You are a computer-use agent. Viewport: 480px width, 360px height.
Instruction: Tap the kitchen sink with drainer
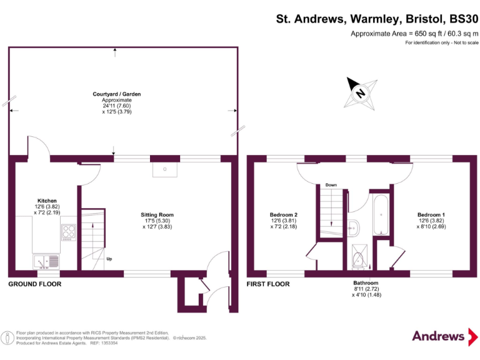(46, 261)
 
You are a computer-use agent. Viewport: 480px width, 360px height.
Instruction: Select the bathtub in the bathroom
(381, 216)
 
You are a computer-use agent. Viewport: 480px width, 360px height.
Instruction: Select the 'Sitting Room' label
(157, 215)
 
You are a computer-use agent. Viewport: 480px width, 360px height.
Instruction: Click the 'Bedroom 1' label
(431, 215)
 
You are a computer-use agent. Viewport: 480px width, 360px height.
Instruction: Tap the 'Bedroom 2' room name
(283, 215)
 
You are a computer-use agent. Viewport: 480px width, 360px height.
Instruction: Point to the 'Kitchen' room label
(47, 201)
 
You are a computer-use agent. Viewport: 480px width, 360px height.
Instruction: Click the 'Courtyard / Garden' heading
(117, 94)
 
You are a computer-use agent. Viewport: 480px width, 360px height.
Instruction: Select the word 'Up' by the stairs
(109, 258)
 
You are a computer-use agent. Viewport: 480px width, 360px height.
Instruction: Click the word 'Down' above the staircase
(331, 186)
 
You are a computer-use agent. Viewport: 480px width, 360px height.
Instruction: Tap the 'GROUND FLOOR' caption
(34, 284)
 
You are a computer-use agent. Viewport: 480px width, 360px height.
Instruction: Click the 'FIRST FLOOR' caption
(269, 284)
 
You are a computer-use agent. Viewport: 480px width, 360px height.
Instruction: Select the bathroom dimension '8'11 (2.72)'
(366, 289)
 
